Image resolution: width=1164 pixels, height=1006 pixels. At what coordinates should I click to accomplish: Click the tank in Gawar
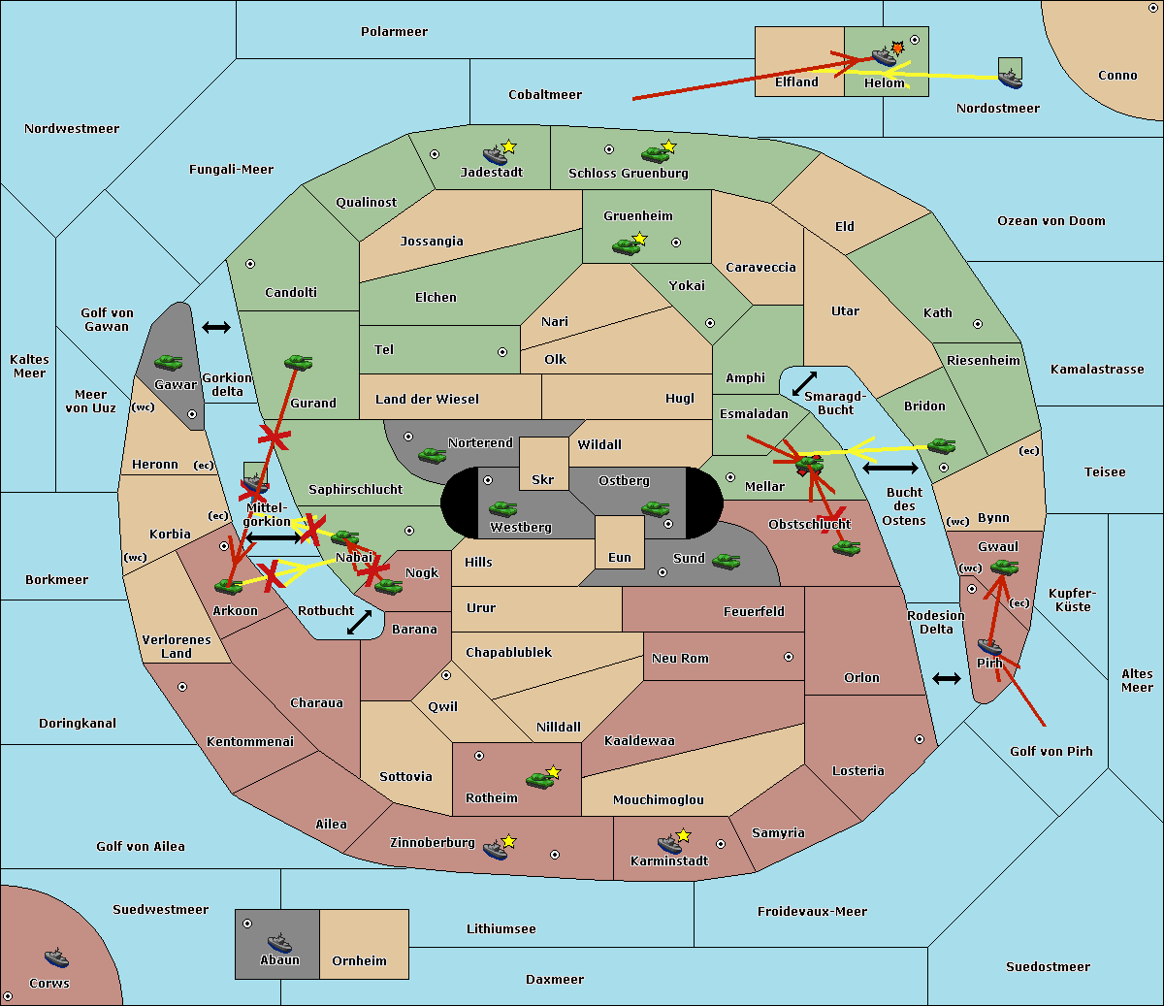pyautogui.click(x=169, y=362)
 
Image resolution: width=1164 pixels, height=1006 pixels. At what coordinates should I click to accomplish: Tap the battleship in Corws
pyautogui.click(x=56, y=957)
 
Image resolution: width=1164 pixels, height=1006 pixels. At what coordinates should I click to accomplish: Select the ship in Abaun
pyautogui.click(x=279, y=942)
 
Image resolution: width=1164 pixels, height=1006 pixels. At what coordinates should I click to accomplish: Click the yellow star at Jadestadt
pyautogui.click(x=508, y=146)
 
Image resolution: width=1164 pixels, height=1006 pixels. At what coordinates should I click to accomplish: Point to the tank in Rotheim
pyautogui.click(x=539, y=780)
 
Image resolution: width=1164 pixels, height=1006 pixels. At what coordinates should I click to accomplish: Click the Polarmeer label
pyautogui.click(x=394, y=32)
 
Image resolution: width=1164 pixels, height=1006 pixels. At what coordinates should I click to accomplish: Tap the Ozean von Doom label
pyautogui.click(x=1051, y=221)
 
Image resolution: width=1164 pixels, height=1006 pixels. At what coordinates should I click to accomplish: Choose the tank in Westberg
pyautogui.click(x=502, y=508)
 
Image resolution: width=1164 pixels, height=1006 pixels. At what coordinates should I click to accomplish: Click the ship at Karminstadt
pyautogui.click(x=669, y=844)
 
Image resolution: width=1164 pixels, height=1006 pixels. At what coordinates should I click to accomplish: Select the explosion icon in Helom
pyautogui.click(x=897, y=48)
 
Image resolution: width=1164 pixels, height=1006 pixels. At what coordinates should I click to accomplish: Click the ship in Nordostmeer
pyautogui.click(x=1011, y=79)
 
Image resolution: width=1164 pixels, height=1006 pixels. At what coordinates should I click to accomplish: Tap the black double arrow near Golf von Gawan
pyautogui.click(x=216, y=327)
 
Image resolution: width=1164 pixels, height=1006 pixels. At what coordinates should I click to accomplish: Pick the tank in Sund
pyautogui.click(x=726, y=562)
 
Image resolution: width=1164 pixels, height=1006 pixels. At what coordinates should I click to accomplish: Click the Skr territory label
pyautogui.click(x=543, y=479)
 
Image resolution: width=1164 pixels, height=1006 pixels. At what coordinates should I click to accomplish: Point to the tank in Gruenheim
pyautogui.click(x=627, y=246)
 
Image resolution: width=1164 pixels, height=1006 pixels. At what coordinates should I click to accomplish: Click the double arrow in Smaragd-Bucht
pyautogui.click(x=804, y=383)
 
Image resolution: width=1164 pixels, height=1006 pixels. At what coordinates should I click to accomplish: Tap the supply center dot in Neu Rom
pyautogui.click(x=789, y=657)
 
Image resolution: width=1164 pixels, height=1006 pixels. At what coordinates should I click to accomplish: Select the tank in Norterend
pyautogui.click(x=432, y=455)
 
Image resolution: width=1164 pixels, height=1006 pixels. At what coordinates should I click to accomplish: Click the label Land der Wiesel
pyautogui.click(x=427, y=400)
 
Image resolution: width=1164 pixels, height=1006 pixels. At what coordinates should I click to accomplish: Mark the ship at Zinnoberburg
pyautogui.click(x=496, y=849)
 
